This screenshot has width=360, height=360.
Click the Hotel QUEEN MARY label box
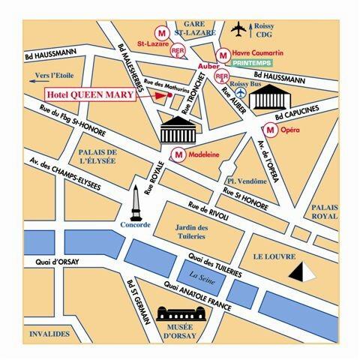(x=89, y=95)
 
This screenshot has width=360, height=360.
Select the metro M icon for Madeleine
(x=178, y=154)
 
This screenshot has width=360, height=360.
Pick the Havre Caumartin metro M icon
(x=223, y=54)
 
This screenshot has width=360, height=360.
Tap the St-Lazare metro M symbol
(x=160, y=32)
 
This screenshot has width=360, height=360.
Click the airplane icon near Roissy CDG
(x=239, y=28)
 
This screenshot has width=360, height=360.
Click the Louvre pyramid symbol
(x=304, y=271)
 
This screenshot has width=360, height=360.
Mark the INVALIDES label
(x=49, y=333)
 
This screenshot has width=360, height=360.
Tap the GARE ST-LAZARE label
(x=191, y=28)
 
